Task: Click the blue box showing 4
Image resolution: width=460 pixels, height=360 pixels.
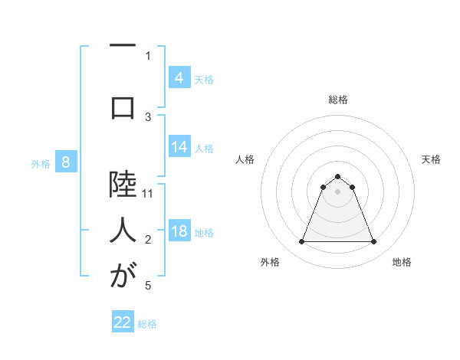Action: pyautogui.click(x=179, y=77)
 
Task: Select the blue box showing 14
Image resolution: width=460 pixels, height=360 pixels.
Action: pyautogui.click(x=179, y=147)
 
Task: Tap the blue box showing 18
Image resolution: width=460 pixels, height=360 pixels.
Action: pyautogui.click(x=179, y=231)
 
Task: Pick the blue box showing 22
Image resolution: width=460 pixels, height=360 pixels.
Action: pyautogui.click(x=123, y=322)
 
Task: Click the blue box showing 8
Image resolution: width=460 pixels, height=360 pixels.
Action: pyautogui.click(x=66, y=162)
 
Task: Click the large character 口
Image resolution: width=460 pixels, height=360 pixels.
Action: pyautogui.click(x=123, y=108)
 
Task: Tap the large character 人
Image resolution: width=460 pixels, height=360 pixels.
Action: pyautogui.click(x=123, y=229)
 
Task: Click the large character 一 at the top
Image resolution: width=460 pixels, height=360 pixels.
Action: pyautogui.click(x=123, y=47)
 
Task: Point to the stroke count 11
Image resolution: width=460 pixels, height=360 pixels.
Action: pyautogui.click(x=149, y=194)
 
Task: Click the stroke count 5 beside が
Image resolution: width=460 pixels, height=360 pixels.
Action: pyautogui.click(x=149, y=286)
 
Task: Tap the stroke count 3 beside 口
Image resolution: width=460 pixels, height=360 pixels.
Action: pyautogui.click(x=149, y=116)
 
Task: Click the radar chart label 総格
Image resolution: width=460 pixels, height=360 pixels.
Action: pyautogui.click(x=338, y=100)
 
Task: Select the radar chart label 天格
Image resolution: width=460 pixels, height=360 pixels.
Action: pyautogui.click(x=431, y=159)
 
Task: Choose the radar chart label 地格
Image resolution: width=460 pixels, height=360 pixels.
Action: pyautogui.click(x=402, y=262)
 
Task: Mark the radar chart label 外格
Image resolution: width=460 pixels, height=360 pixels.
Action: pyautogui.click(x=270, y=262)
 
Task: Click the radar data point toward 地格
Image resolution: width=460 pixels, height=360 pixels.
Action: pyautogui.click(x=373, y=242)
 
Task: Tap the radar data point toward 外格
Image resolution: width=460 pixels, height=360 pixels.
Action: pyautogui.click(x=302, y=242)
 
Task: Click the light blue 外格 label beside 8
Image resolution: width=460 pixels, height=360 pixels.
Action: pyautogui.click(x=40, y=163)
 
